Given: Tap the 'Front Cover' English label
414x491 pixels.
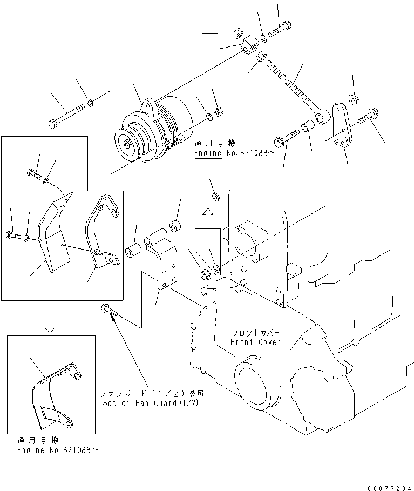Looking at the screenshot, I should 255,342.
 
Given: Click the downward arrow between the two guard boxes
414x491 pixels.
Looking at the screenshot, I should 50,319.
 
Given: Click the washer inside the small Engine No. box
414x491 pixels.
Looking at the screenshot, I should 214,196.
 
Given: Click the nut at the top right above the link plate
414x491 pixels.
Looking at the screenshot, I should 354,98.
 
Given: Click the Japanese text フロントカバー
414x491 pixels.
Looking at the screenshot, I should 255,333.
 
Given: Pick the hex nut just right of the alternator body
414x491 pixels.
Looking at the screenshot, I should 220,112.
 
